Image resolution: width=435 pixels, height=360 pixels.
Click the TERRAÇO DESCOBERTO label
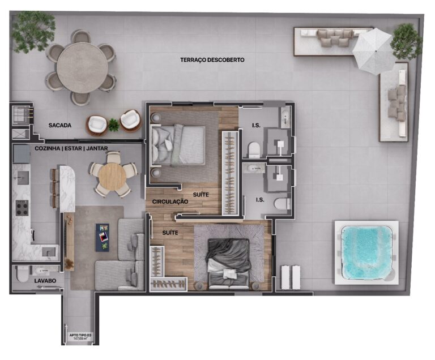pos(212,59)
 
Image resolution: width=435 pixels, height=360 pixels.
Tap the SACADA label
pos(59,126)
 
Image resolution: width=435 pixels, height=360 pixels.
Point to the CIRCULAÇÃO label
pos(169,201)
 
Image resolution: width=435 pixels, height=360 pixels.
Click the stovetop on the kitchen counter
pos(22,208)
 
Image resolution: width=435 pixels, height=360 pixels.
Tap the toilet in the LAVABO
pos(22,275)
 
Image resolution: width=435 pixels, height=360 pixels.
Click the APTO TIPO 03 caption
pos(80,337)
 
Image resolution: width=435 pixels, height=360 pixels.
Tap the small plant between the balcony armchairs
pos(114,125)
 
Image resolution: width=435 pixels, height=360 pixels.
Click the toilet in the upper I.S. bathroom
pos(254,149)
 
